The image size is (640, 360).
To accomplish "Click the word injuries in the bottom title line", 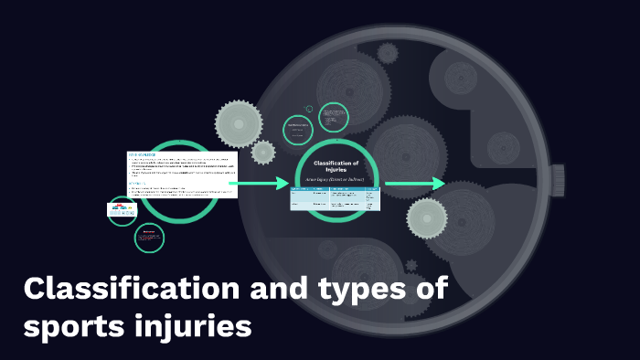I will [196, 325].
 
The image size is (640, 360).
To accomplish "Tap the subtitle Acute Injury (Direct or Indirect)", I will [336, 180].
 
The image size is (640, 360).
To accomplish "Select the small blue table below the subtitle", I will [335, 198].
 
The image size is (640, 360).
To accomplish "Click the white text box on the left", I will [182, 175].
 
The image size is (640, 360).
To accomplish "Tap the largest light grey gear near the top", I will [239, 122].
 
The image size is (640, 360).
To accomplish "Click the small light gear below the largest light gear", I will [263, 152].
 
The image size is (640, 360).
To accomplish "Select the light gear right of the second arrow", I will [427, 217].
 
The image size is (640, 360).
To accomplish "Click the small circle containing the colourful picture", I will [123, 211].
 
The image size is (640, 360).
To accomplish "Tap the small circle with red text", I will [149, 238].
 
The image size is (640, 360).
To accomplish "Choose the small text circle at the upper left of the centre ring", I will [296, 129].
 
